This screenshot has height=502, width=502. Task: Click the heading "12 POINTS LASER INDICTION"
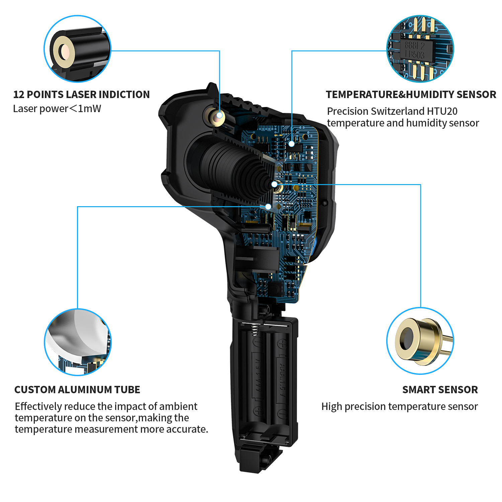pyautogui.click(x=81, y=94)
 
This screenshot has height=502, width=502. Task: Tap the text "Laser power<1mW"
pyautogui.click(x=57, y=108)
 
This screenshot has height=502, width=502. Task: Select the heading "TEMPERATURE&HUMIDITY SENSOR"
pyautogui.click(x=411, y=94)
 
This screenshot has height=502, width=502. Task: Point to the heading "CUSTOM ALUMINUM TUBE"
pyautogui.click(x=77, y=390)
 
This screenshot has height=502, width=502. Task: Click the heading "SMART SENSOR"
pyautogui.click(x=440, y=390)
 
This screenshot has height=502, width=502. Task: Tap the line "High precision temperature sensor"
pyautogui.click(x=400, y=406)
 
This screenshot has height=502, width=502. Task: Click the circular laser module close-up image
pyautogui.click(x=77, y=49)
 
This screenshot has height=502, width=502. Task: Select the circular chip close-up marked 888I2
pyautogui.click(x=420, y=49)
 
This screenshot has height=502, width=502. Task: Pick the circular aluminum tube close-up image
pyautogui.click(x=78, y=342)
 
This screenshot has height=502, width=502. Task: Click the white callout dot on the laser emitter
pyautogui.click(x=220, y=115)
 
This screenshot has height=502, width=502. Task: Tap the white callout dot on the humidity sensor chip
pyautogui.click(x=291, y=144)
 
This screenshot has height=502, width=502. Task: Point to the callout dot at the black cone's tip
pyautogui.click(x=274, y=184)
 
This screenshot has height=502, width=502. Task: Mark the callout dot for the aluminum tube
pyautogui.click(x=268, y=206)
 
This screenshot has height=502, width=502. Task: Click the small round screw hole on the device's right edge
pyautogui.click(x=324, y=203)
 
